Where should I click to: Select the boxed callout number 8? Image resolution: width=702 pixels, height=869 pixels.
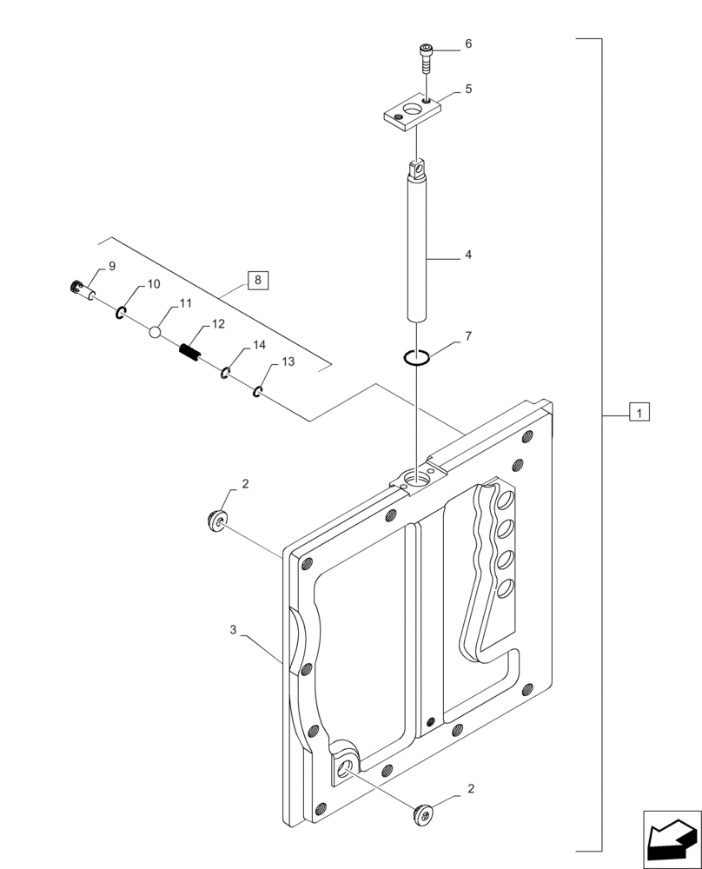tap(258, 280)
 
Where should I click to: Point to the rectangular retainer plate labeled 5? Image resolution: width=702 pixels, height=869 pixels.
tap(410, 115)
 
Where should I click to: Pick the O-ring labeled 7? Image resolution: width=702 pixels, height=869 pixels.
tap(418, 356)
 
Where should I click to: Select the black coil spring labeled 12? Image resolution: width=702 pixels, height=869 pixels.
tap(190, 351)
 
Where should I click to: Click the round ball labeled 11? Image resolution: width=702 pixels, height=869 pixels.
tap(156, 331)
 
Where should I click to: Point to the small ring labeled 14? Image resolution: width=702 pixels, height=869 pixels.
tap(224, 373)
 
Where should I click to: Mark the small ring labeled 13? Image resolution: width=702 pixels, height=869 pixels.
tap(258, 392)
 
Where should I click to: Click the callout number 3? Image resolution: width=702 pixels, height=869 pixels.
tap(234, 627)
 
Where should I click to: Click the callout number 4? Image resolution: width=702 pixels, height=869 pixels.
tap(467, 255)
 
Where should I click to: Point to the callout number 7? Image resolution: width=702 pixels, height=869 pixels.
tap(467, 335)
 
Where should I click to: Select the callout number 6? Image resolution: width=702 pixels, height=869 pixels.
tap(467, 43)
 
